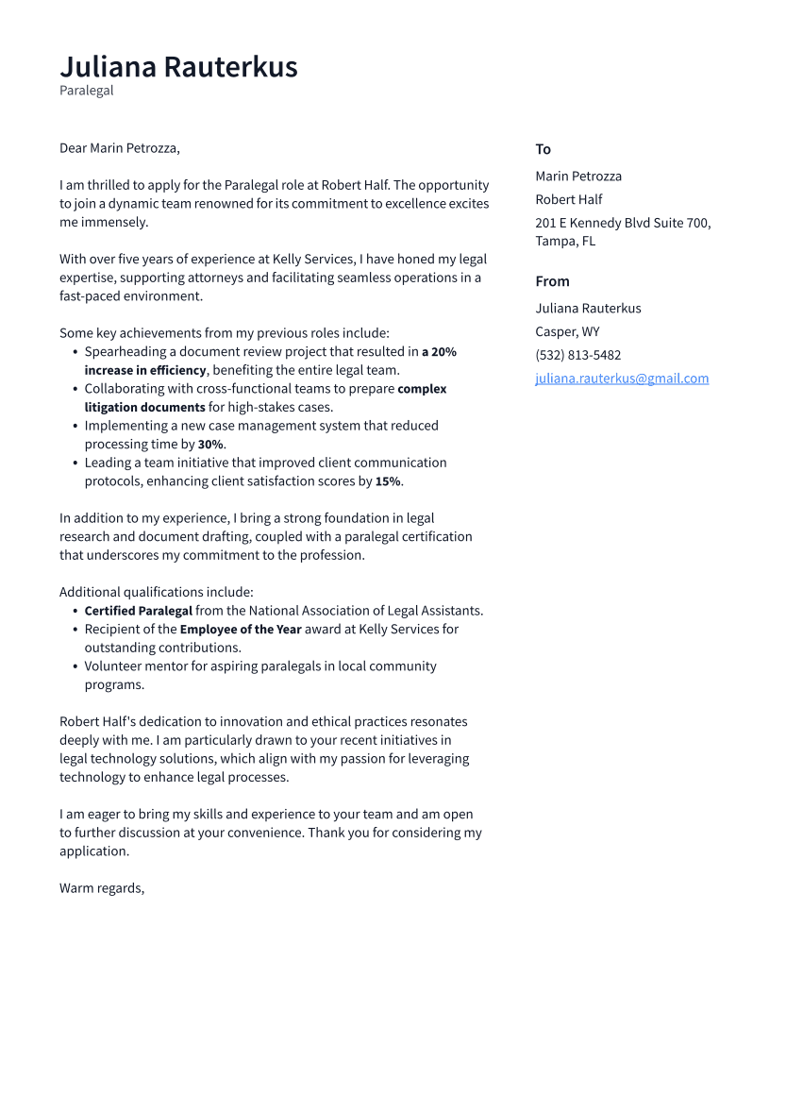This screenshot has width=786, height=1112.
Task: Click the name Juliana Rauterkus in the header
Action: pos(178,67)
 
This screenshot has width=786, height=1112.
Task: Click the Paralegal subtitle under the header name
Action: pos(86,91)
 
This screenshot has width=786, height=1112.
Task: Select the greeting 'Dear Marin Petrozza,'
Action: pos(119,148)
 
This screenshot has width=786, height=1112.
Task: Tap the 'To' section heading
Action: pos(543,149)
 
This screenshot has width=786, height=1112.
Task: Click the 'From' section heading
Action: pos(552,281)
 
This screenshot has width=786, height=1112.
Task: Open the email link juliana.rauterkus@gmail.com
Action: pos(622,379)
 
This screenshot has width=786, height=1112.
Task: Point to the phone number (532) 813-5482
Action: pos(577,355)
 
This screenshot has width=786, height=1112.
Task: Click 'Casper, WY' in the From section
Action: pos(567,331)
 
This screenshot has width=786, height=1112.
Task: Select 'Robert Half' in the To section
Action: pos(568,199)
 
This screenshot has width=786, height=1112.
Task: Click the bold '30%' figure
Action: pos(210,445)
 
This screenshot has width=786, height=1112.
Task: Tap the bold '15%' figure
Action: pos(388,481)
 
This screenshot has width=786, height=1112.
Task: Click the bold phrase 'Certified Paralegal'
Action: pos(138,611)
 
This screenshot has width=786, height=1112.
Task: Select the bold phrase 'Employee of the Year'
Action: pos(241,630)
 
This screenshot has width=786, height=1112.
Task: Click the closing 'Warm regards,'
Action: pos(102,888)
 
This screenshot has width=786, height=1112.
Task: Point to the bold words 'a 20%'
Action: pos(439,352)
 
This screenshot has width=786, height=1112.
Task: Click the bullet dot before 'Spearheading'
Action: pos(75,352)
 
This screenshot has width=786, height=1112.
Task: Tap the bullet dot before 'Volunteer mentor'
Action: pos(75,666)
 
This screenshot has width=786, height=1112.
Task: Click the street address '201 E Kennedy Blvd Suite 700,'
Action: pos(623,223)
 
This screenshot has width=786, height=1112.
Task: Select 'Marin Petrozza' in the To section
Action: pos(578,176)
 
